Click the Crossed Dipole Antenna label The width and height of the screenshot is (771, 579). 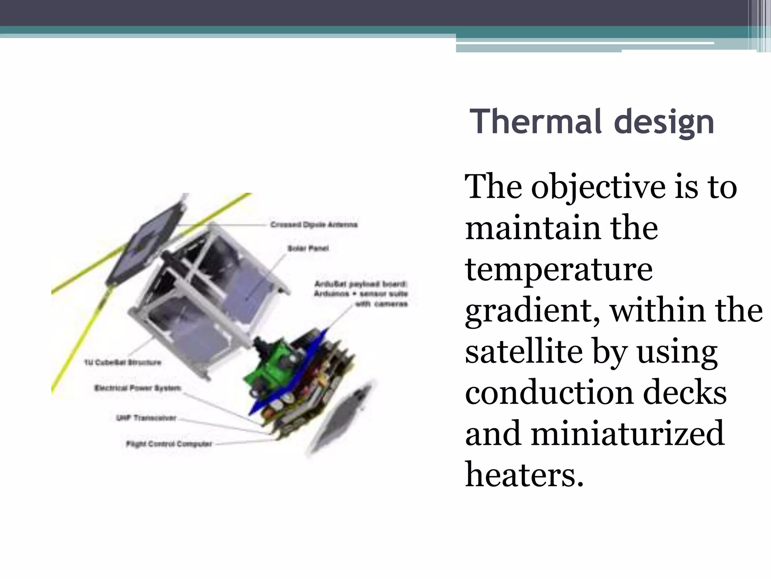(x=314, y=225)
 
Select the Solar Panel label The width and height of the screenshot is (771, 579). (x=308, y=248)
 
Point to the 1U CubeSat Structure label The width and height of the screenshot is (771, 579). (x=123, y=363)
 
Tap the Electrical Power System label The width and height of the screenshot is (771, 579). (x=138, y=388)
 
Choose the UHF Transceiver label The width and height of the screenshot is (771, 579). (x=146, y=418)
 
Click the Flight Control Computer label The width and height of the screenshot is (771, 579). (x=169, y=444)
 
